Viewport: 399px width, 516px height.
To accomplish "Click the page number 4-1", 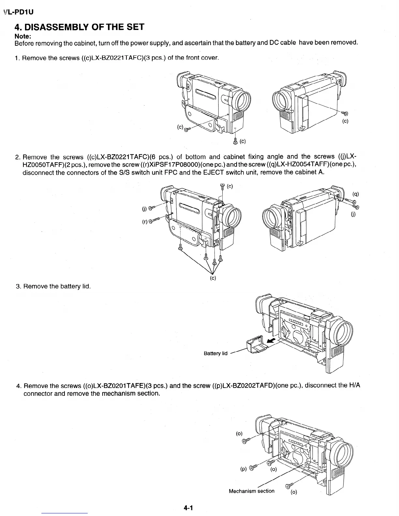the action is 188,508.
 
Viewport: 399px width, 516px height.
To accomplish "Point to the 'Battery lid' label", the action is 215,353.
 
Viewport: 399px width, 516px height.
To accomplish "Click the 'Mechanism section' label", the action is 251,491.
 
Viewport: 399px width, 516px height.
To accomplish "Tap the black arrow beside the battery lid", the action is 271,341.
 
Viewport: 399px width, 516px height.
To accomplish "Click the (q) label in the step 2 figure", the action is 356,194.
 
